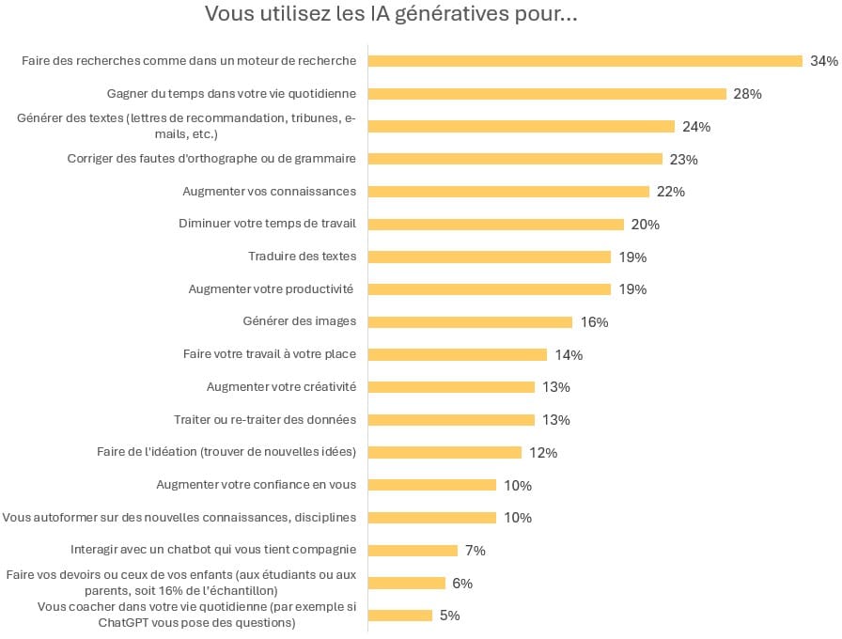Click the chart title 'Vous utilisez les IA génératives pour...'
point(390,15)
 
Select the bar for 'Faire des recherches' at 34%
point(585,61)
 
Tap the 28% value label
point(747,94)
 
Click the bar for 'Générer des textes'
point(521,126)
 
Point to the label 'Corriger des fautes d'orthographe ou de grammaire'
point(211,159)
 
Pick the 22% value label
point(671,192)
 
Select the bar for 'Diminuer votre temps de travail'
point(495,224)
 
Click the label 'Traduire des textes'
point(302,257)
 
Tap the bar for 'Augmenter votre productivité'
point(489,289)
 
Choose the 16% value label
point(594,322)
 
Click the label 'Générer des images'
point(299,321)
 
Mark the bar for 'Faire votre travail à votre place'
point(457,354)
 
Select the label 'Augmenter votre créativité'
point(281,387)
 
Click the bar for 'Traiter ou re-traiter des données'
point(451,419)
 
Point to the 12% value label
point(543,453)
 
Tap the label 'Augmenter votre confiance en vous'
point(256,485)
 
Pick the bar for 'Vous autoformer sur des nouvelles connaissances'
point(431,517)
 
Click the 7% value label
point(475,551)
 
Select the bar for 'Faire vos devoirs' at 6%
point(406,583)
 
